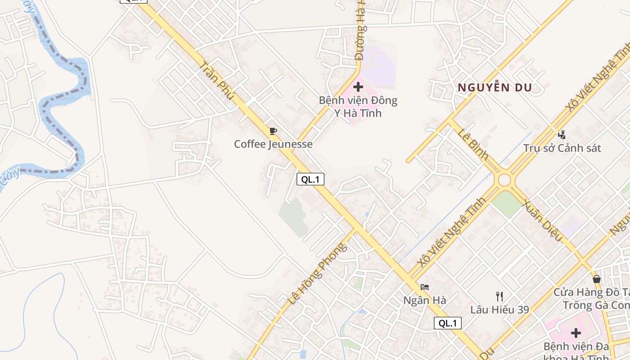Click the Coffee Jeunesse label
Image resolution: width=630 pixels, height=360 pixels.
tap(273, 144)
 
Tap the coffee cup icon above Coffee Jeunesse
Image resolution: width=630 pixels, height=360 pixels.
tap(273, 131)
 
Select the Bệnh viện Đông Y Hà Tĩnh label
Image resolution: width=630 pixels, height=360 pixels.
tap(358, 107)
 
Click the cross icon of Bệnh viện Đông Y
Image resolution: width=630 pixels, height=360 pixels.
tap(358, 86)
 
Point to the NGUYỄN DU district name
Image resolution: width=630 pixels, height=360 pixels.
tap(495, 88)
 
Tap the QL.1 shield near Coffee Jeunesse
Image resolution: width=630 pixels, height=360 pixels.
tap(310, 179)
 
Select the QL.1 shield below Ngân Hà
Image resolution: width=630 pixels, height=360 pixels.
tap(448, 323)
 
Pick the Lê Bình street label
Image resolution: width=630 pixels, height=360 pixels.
tap(473, 144)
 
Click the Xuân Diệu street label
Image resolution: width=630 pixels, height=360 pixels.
tap(542, 220)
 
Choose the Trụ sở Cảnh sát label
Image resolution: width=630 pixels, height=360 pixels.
tap(562, 148)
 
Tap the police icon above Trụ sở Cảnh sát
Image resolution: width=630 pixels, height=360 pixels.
tap(562, 134)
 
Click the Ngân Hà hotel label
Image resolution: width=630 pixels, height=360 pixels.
tap(425, 300)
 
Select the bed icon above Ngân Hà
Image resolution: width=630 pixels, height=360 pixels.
tap(425, 287)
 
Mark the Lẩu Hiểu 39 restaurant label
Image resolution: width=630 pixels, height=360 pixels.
tap(499, 310)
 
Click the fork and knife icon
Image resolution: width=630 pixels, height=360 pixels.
tap(499, 296)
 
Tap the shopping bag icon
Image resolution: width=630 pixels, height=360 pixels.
tap(597, 279)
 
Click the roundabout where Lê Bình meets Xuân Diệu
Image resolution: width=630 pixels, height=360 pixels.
tap(504, 180)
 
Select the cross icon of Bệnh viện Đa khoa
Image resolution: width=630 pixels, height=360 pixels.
tap(576, 333)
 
